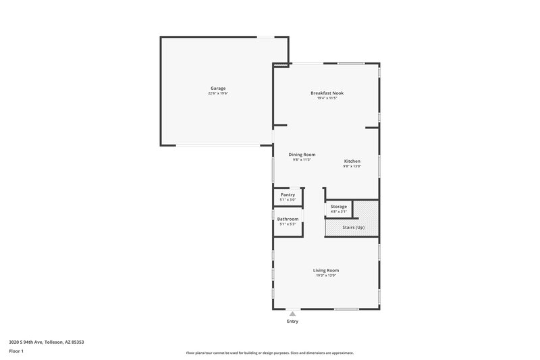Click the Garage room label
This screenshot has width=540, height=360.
point(217,88)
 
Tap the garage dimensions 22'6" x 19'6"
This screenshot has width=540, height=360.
point(217,93)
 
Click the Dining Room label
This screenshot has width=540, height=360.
point(302,155)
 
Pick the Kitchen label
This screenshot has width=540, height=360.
point(352,161)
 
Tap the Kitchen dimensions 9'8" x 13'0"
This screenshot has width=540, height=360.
point(352,166)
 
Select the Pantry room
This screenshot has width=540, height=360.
point(288,197)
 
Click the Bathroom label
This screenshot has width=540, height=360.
point(288,219)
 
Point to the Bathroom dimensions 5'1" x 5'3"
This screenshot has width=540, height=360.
point(288,224)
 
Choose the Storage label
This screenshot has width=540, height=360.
point(338,207)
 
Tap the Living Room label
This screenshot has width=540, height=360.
point(325,270)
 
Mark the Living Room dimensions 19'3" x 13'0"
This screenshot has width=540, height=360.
point(325,276)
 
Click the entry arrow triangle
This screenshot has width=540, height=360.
point(292,314)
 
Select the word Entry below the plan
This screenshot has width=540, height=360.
point(292,322)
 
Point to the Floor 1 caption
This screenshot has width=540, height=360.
point(17,352)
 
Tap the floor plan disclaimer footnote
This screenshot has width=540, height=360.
point(270,353)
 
